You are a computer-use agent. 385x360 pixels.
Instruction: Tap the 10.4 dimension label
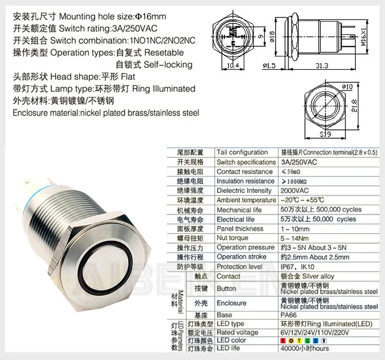click(x=234, y=65)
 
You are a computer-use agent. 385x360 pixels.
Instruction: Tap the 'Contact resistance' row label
click(x=244, y=172)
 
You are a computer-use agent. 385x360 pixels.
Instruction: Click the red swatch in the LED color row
click(x=283, y=340)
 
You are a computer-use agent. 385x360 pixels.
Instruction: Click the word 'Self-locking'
click(x=168, y=65)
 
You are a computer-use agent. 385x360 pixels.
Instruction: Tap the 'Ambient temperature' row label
click(x=246, y=200)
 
